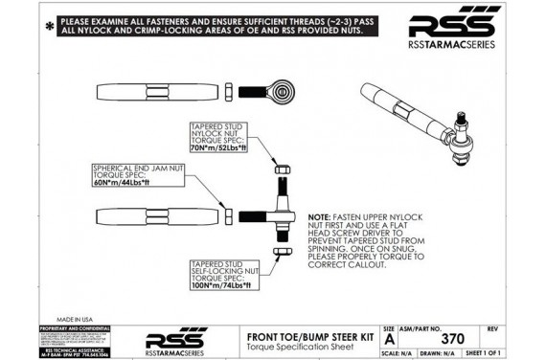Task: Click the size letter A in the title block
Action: pyautogui.click(x=389, y=339)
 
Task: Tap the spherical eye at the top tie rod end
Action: pyautogui.click(x=284, y=92)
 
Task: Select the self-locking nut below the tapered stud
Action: pyautogui.click(x=278, y=253)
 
